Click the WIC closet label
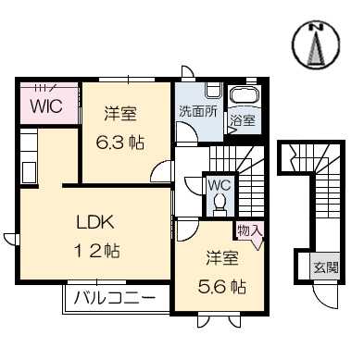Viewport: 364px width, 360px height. (46, 106)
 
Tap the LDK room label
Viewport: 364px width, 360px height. (95, 221)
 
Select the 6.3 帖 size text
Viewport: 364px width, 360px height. (120, 143)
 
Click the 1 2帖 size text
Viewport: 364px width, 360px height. (96, 250)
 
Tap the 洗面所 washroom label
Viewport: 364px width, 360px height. (198, 111)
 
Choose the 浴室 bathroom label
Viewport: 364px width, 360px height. (244, 120)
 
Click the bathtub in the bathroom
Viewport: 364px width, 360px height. (245, 94)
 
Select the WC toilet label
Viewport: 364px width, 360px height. (220, 185)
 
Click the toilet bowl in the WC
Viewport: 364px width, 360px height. (220, 201)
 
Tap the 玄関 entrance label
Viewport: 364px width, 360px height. (326, 267)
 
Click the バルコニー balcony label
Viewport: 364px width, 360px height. (115, 298)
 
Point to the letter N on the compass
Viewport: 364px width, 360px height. (316, 27)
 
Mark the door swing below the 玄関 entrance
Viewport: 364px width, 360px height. (325, 297)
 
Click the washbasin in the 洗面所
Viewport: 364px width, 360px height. (213, 90)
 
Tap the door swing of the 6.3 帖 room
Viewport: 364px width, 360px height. (160, 171)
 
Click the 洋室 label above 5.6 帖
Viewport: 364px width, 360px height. (222, 258)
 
